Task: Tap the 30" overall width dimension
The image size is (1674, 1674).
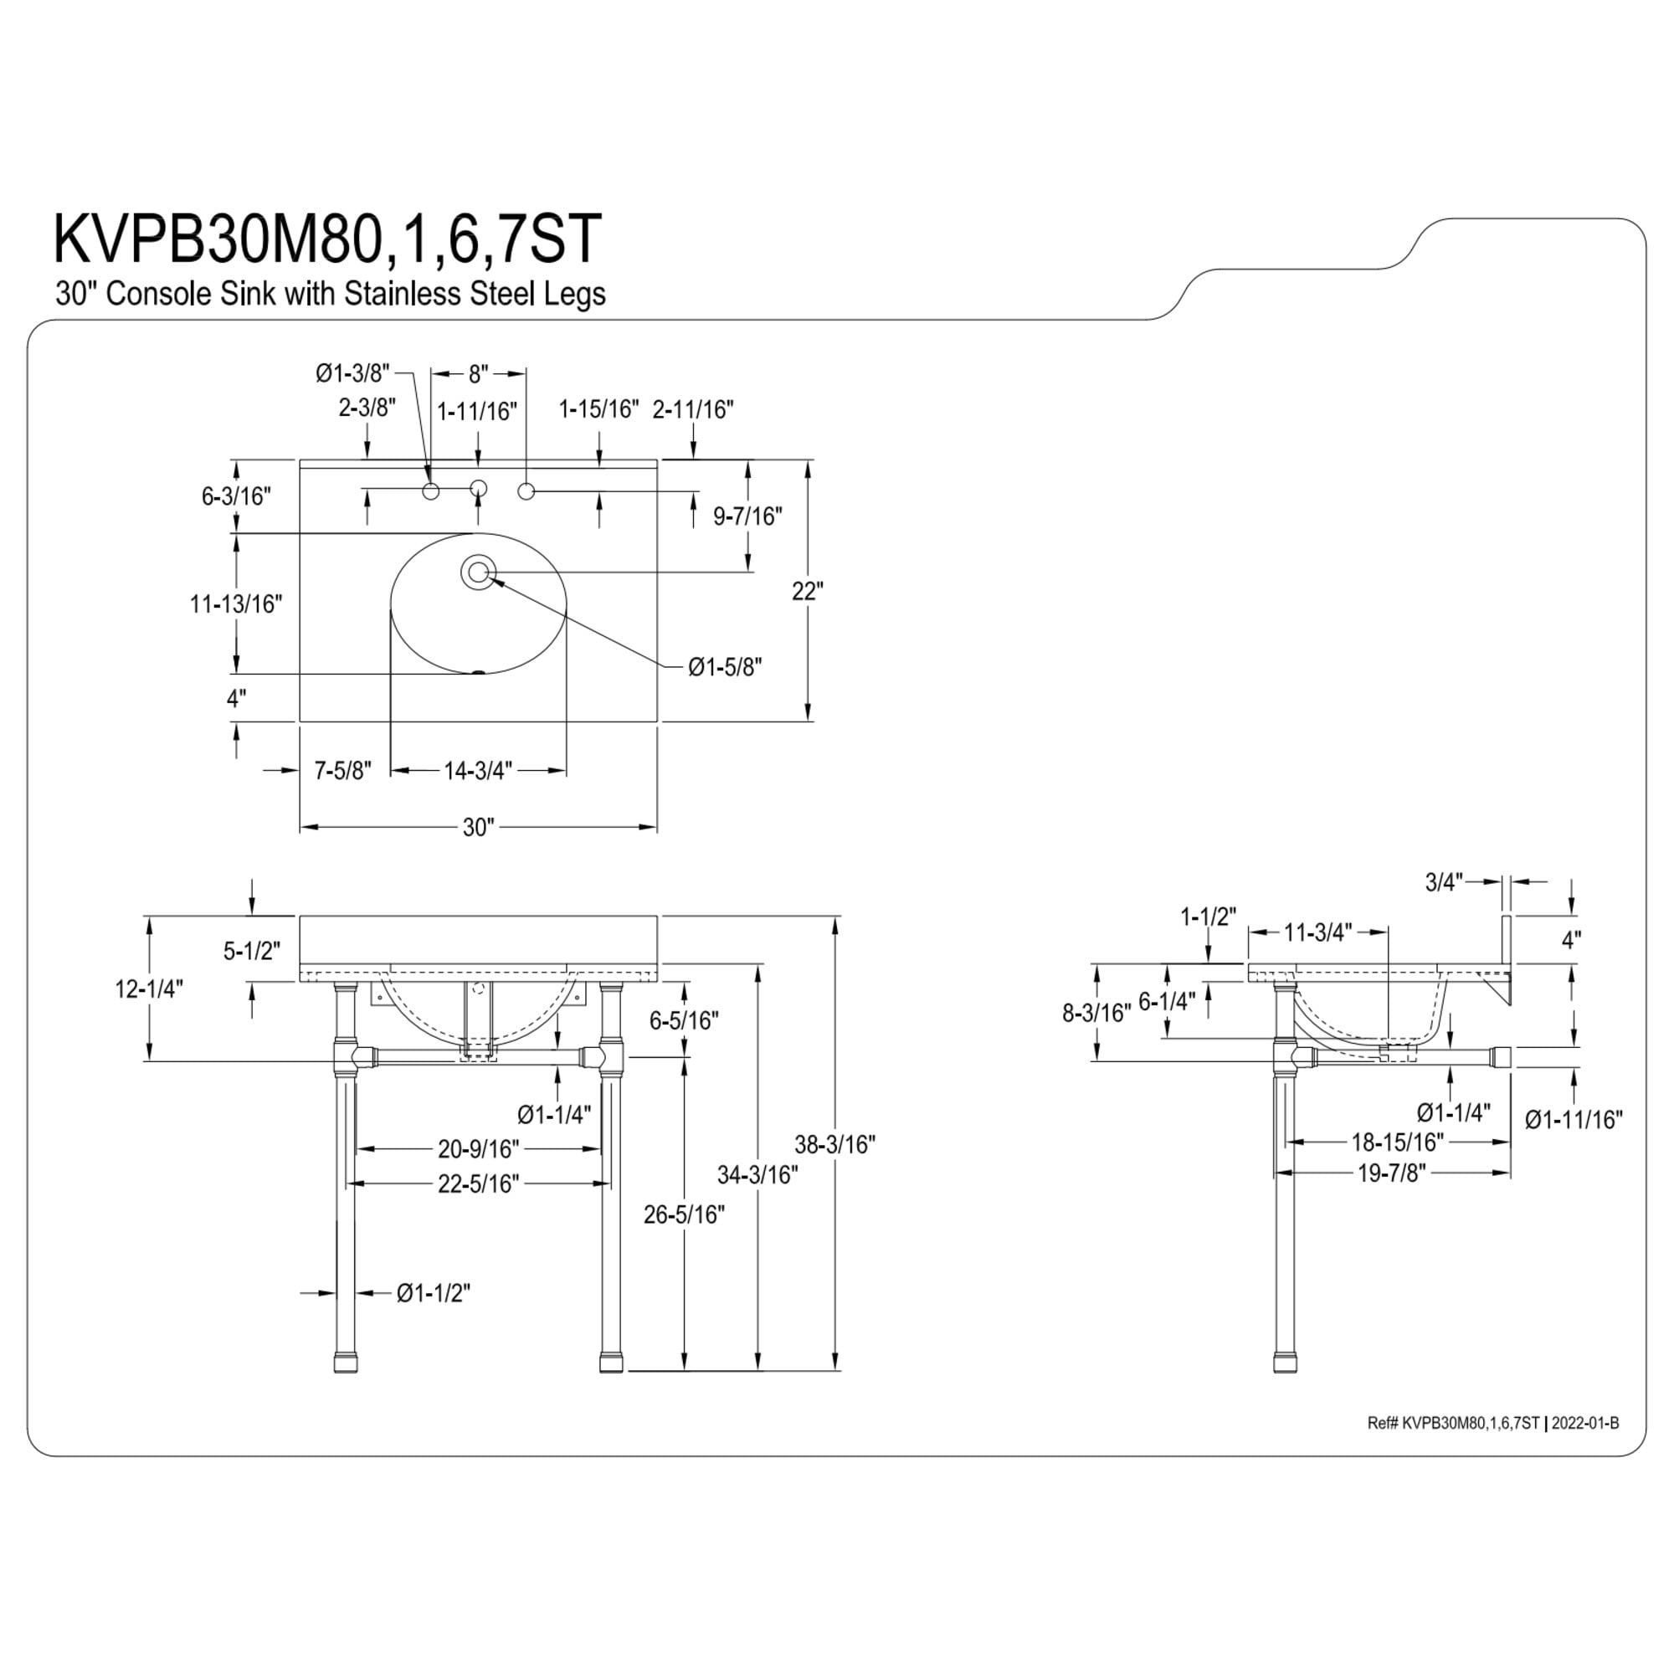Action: (x=477, y=828)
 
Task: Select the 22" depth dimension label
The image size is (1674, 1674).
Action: (x=808, y=591)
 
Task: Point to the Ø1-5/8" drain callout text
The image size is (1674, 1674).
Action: (x=725, y=667)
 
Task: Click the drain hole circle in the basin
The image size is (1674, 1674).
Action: (x=477, y=573)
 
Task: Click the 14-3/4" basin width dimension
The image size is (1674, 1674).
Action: (x=478, y=769)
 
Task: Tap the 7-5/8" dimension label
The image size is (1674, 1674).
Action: (x=343, y=769)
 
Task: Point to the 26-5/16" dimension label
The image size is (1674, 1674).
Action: (x=684, y=1214)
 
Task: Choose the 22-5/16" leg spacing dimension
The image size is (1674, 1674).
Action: (x=478, y=1183)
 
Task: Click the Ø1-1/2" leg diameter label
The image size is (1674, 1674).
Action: (x=434, y=1293)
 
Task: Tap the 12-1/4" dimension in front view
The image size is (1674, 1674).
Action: (x=150, y=988)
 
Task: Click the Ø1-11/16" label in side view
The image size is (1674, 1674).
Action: (x=1574, y=1121)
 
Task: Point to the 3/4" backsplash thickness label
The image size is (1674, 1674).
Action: (x=1445, y=882)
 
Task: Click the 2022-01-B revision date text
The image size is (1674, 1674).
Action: (x=1584, y=1375)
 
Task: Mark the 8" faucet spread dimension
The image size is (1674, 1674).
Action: (x=478, y=373)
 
